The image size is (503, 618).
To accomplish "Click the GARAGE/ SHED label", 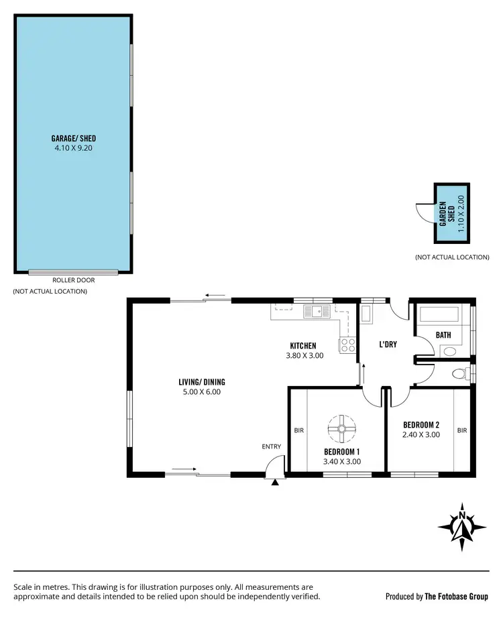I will [73, 138].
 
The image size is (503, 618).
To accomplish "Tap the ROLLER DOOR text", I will [73, 280].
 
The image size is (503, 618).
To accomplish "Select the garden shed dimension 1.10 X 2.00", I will [460, 213].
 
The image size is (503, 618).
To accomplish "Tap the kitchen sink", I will [314, 311].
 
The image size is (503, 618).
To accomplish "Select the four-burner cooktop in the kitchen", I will [347, 345].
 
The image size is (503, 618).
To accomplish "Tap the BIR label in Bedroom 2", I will [461, 430].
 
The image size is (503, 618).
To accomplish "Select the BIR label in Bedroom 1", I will [298, 430].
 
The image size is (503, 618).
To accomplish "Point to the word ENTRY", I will [272, 447].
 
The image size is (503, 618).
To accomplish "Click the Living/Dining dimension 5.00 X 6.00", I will [202, 392].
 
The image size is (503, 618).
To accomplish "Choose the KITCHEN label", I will [304, 346].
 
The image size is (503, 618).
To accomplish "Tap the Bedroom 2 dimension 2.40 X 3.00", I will [421, 434].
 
